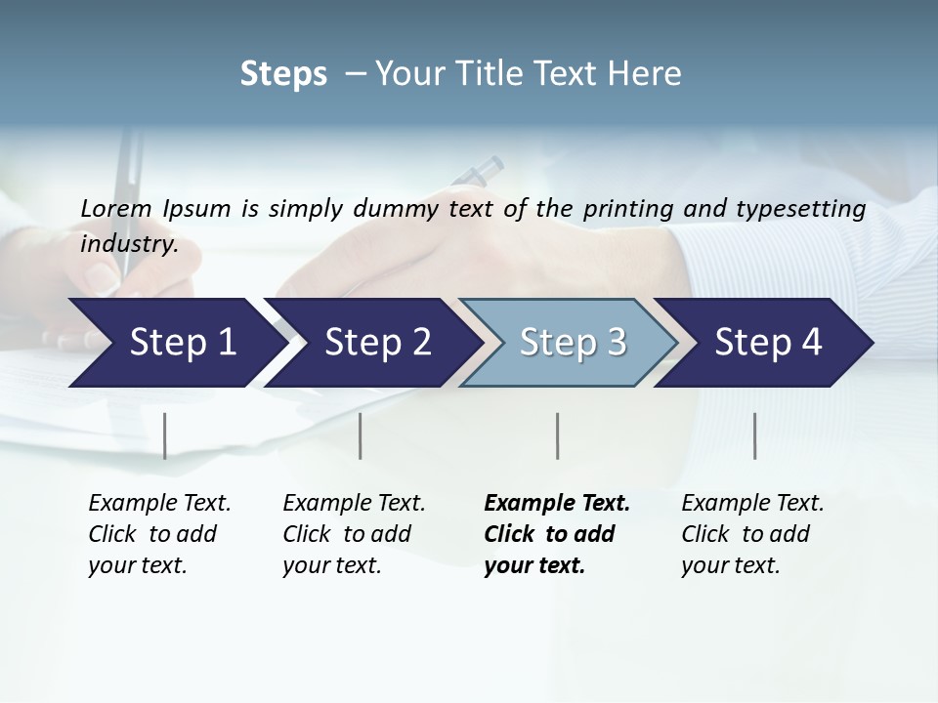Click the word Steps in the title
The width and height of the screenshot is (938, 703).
(x=283, y=74)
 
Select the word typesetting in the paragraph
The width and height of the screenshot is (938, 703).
(x=806, y=208)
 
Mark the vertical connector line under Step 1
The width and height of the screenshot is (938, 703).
(x=165, y=435)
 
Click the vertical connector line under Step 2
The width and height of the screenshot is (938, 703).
(x=361, y=435)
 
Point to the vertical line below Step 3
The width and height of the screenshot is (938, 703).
(x=557, y=435)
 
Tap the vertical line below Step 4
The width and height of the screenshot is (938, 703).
(x=754, y=435)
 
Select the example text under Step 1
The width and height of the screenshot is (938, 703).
(x=159, y=533)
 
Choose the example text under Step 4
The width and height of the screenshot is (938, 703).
(x=752, y=533)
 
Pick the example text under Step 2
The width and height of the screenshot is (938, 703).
(x=354, y=533)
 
